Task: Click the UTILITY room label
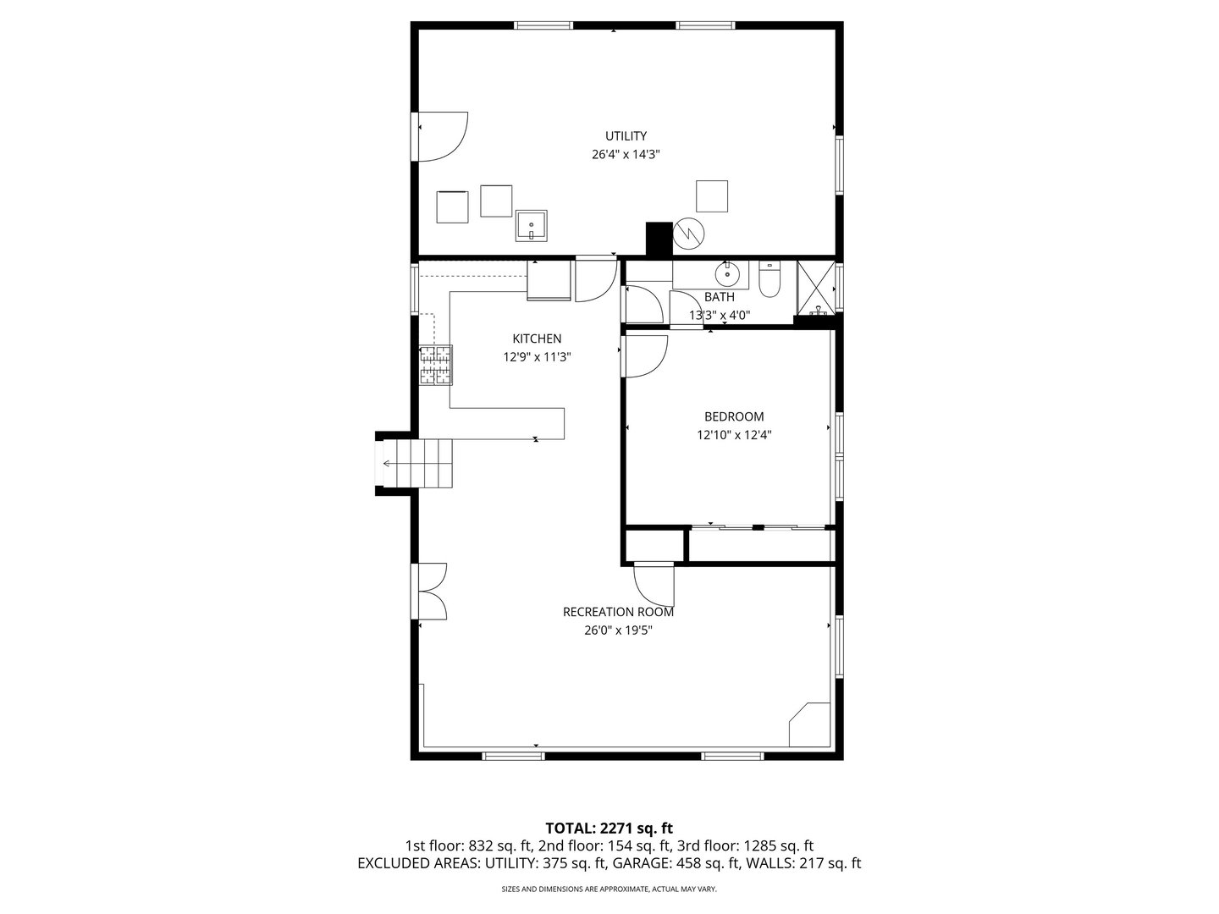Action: [x=626, y=136]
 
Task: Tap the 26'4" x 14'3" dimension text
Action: [x=626, y=154]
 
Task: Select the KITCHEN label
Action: [x=537, y=339]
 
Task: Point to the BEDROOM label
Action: [x=734, y=416]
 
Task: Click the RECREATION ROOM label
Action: [x=618, y=612]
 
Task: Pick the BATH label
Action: [x=720, y=297]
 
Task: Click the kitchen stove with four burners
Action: [x=436, y=365]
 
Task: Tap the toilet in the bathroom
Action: [x=769, y=278]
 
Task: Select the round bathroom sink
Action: [x=727, y=274]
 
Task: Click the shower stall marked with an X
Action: [x=816, y=288]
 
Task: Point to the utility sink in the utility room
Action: [x=531, y=226]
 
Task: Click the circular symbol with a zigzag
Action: [x=688, y=233]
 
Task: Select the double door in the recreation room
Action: [x=428, y=591]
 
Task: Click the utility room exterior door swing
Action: [x=443, y=136]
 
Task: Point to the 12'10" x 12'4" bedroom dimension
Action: [x=734, y=435]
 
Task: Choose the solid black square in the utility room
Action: [x=659, y=239]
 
